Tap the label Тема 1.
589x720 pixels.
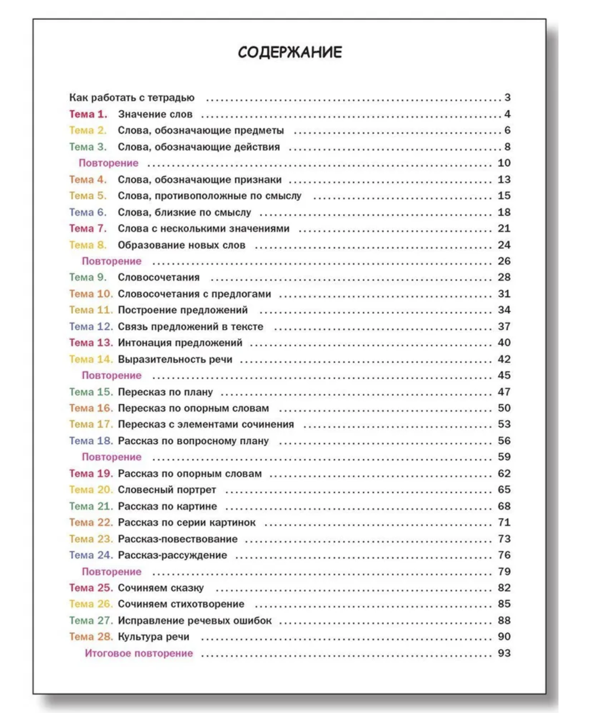(88, 115)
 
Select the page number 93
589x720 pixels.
(504, 653)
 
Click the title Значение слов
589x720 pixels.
(155, 115)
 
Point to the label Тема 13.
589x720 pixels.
(91, 343)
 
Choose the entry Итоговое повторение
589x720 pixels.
(139, 653)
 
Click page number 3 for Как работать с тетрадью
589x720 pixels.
(507, 97)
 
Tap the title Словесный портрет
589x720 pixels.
(167, 490)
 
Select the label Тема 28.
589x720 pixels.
(91, 637)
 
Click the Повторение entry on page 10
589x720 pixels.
(108, 163)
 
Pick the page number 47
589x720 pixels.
(504, 392)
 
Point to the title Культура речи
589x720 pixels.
(153, 637)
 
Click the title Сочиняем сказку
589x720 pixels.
(161, 588)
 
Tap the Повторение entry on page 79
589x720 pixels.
(111, 572)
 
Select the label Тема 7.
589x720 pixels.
(88, 229)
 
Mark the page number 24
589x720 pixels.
(504, 245)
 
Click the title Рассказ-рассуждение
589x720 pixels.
(172, 555)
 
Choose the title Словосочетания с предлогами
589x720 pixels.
(194, 294)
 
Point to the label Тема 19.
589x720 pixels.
(91, 474)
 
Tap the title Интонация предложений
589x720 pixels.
(180, 343)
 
